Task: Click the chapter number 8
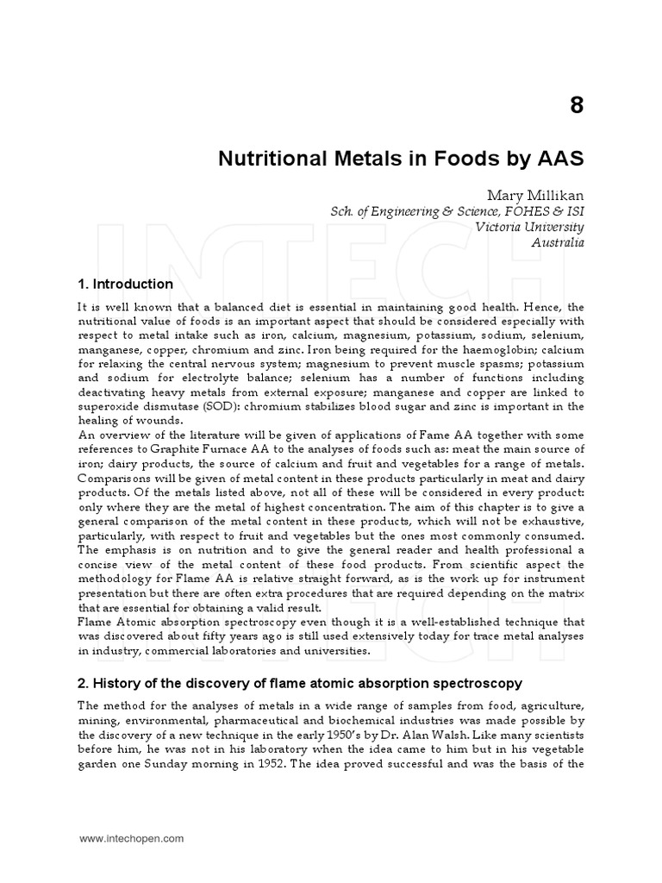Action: [x=577, y=106]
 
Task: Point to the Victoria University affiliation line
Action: [x=530, y=227]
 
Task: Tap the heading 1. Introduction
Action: [x=125, y=284]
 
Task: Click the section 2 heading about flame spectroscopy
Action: [x=300, y=684]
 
